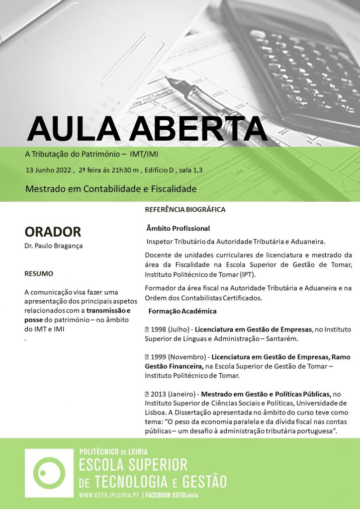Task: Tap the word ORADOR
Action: click(52, 232)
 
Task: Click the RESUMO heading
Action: click(39, 273)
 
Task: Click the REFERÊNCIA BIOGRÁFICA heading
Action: click(184, 210)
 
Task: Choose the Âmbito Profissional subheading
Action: click(178, 228)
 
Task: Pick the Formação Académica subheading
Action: click(182, 311)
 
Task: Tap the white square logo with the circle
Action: click(49, 473)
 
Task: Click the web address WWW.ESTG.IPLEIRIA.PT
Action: click(109, 496)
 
